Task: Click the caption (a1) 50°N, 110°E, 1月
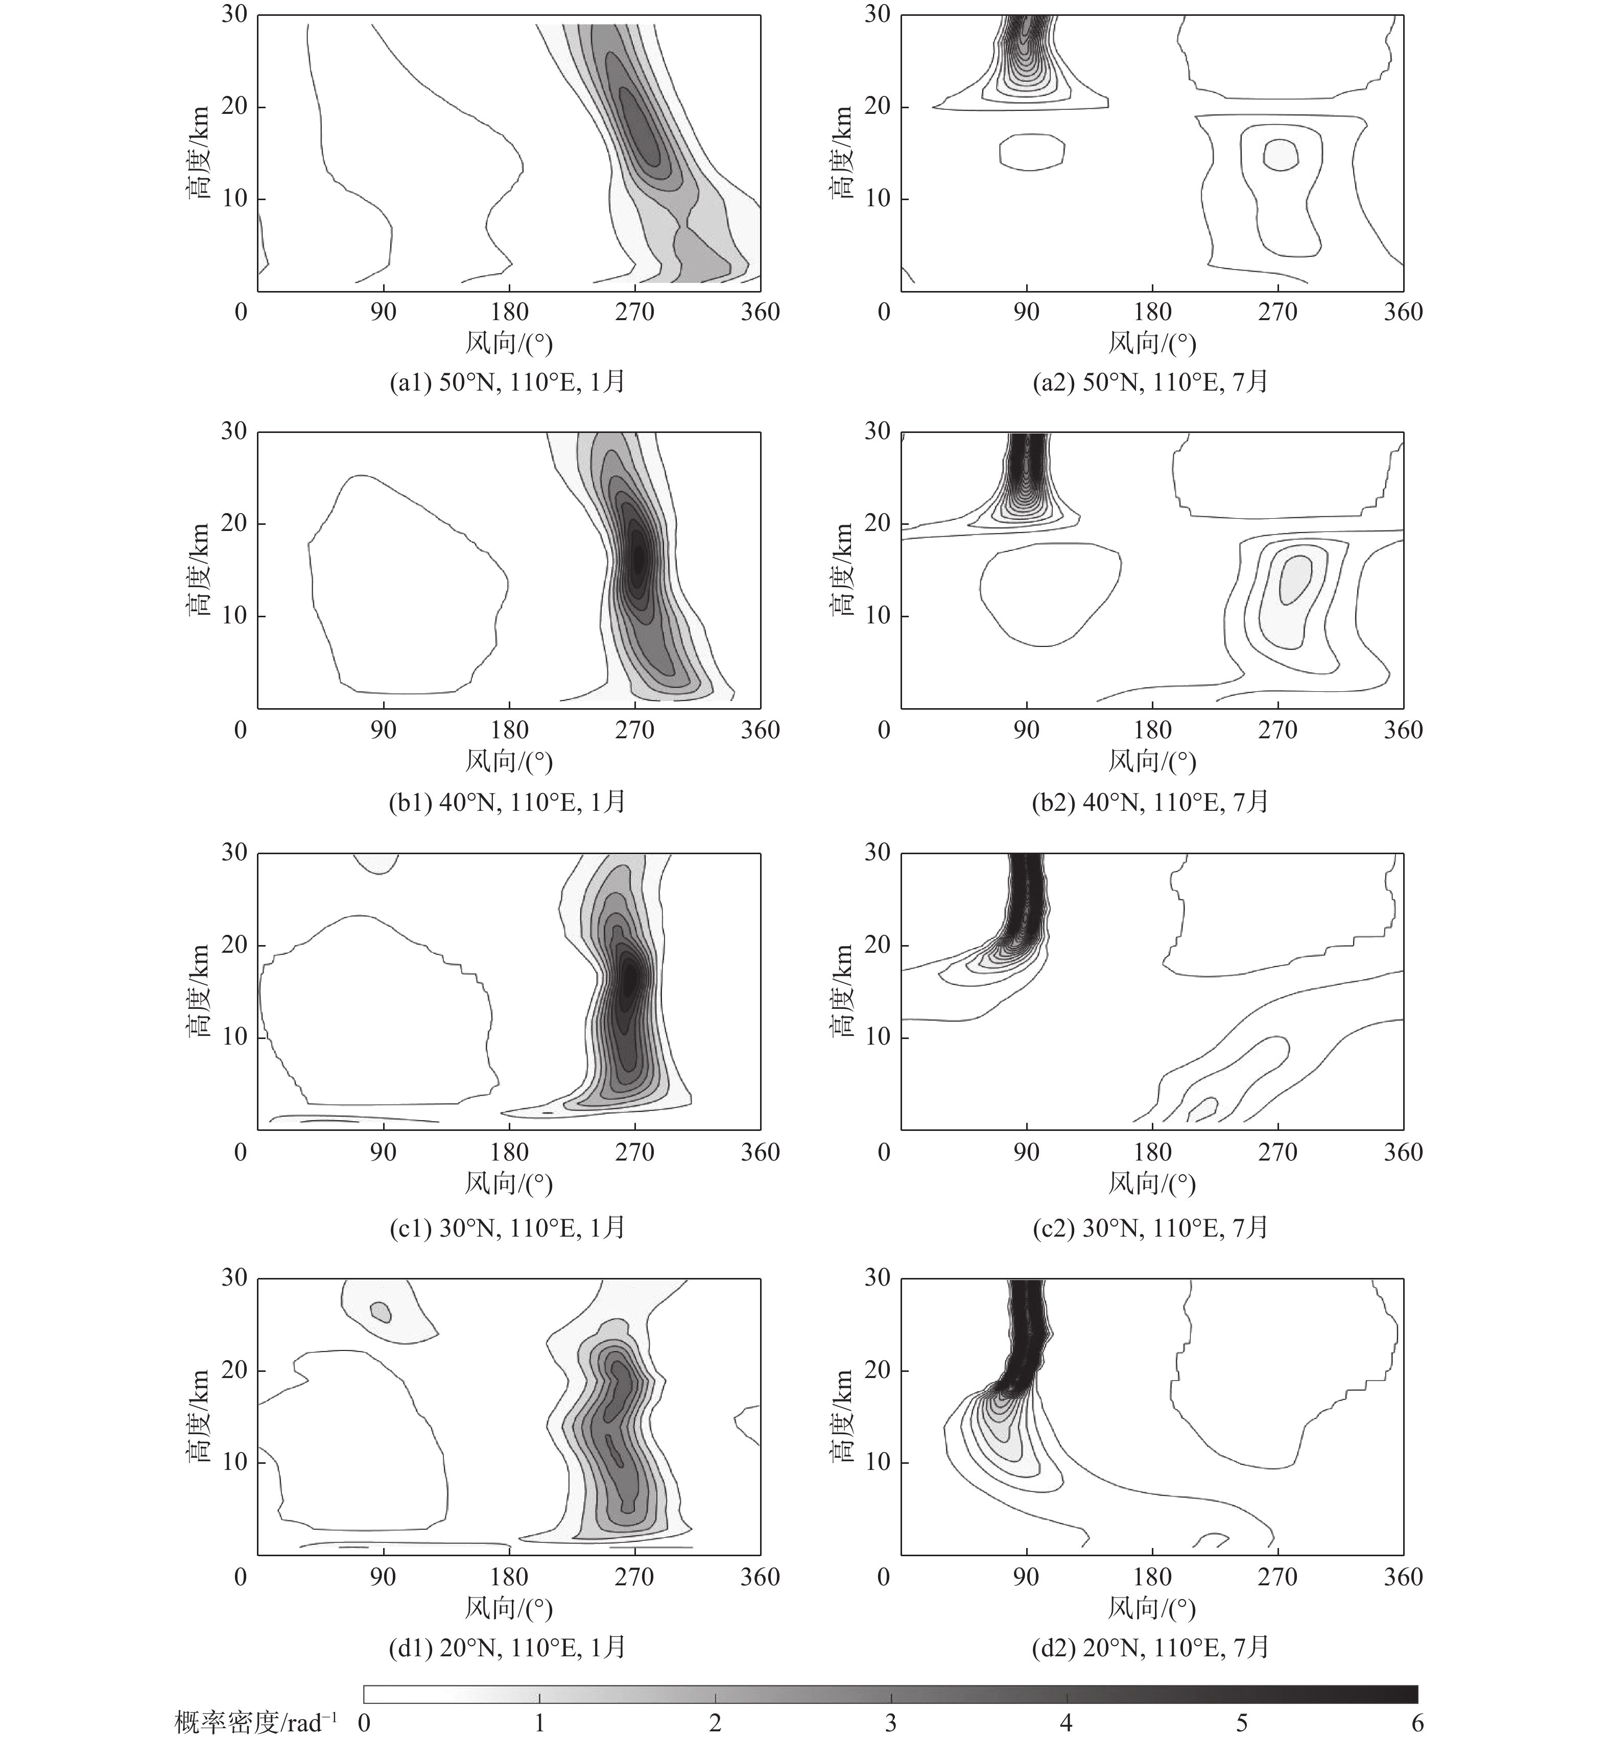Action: pos(508,382)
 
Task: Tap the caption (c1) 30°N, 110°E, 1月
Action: pos(508,1227)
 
